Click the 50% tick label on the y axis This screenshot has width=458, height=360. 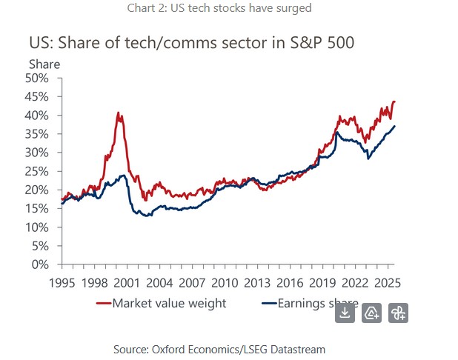(37, 78)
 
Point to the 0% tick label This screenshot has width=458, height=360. (40, 264)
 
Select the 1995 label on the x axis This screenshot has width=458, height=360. (62, 283)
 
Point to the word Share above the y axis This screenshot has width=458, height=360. (44, 64)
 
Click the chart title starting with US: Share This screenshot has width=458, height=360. (191, 42)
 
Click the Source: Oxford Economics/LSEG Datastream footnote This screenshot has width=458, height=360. (219, 348)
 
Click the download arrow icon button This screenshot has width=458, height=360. (345, 313)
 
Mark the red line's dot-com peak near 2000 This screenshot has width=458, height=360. (119, 113)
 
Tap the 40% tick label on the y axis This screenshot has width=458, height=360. (37, 115)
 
